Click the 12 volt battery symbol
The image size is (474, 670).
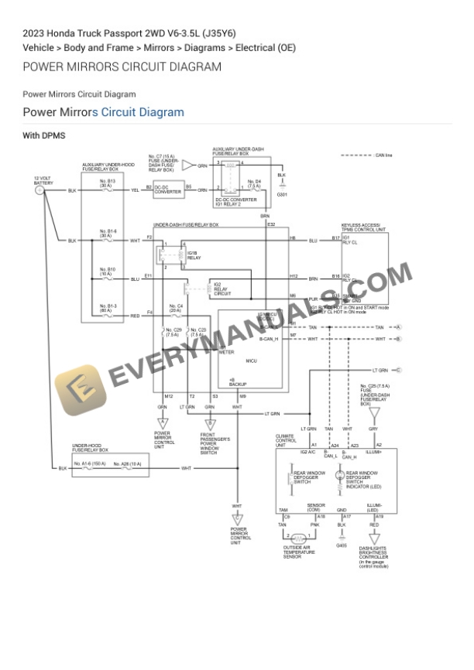[39, 190]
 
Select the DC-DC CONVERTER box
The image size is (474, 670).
[168, 190]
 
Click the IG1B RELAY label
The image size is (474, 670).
[193, 255]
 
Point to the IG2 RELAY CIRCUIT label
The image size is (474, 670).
[222, 289]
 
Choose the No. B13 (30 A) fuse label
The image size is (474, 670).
[107, 183]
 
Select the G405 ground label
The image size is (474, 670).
[342, 545]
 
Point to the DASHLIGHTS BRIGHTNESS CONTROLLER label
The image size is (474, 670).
[373, 555]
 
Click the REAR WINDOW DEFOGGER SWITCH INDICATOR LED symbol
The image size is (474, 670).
[339, 476]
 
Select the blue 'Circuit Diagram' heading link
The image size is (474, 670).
[143, 112]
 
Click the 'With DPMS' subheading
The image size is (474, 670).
[43, 135]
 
